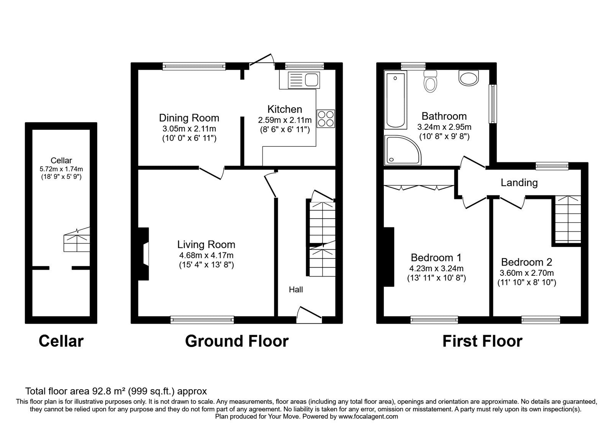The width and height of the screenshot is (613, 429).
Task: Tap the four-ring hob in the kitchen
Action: click(326, 118)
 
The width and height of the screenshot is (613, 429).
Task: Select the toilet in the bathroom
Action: click(431, 81)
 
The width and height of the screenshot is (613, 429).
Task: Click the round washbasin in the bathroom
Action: click(469, 79)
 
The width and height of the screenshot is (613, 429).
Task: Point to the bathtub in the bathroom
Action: click(395, 101)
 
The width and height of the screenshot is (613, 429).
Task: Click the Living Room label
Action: click(206, 244)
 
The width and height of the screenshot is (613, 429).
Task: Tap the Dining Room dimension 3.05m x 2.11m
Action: click(189, 129)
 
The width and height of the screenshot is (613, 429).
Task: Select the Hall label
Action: click(296, 290)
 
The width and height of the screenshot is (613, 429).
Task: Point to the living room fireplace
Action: click(144, 254)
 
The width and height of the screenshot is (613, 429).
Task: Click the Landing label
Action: click(519, 183)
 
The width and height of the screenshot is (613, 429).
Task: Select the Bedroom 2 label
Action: click(526, 262)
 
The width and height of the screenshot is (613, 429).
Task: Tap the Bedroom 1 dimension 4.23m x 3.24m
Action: click(436, 269)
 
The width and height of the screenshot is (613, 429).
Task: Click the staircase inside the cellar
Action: click(77, 240)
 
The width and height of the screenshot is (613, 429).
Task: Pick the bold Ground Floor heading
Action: click(236, 341)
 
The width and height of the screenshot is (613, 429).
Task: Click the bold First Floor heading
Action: click(482, 341)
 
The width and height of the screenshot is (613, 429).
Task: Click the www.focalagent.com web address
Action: click(368, 416)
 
